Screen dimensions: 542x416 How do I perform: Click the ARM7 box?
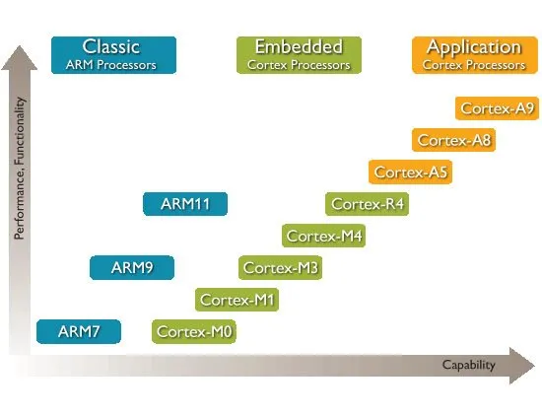click(79, 331)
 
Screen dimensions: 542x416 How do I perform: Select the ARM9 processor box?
click(132, 268)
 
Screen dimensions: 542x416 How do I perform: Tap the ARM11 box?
click(185, 204)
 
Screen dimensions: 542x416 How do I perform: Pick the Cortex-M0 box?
click(194, 332)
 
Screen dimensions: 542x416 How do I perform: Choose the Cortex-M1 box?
click(237, 300)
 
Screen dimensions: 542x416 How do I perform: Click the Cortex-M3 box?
click(280, 268)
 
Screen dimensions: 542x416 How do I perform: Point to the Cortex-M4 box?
click(324, 236)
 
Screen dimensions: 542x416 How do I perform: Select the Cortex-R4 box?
click(368, 204)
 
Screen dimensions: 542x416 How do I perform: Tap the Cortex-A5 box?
click(410, 172)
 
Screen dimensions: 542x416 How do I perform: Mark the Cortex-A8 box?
click(454, 140)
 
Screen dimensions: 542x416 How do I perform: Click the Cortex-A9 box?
click(497, 108)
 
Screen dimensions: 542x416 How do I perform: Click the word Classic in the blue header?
click(111, 46)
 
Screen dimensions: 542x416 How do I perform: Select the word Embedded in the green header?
click(299, 46)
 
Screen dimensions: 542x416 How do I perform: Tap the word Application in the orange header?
click(474, 47)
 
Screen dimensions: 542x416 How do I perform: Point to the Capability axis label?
click(469, 365)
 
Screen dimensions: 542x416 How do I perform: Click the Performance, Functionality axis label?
click(20, 169)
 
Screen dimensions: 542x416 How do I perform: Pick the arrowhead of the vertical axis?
click(20, 58)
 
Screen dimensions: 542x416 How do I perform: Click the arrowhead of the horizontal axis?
click(522, 366)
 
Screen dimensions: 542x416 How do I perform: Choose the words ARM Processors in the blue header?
click(111, 65)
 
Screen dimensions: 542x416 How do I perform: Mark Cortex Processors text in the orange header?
click(474, 65)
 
